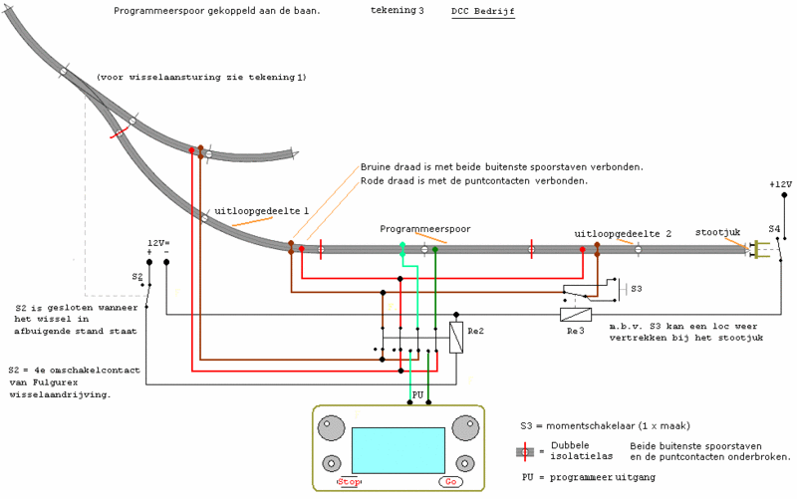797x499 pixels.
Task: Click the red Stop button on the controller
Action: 349,482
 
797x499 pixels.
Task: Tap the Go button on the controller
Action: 451,482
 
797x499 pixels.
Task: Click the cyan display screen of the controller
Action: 398,450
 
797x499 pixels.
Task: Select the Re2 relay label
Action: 476,332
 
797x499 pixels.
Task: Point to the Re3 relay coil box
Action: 576,315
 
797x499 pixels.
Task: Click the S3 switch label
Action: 637,289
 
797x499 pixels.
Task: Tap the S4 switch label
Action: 774,229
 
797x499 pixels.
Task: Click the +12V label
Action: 781,184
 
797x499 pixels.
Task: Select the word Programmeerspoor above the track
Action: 425,229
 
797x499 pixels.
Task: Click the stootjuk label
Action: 717,232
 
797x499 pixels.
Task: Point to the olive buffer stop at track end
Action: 760,249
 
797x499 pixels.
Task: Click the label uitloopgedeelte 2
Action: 623,234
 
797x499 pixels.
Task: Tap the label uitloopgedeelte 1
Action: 261,211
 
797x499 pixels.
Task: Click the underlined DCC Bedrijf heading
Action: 483,11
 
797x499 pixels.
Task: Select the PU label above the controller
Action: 417,394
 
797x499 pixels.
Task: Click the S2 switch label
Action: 137,277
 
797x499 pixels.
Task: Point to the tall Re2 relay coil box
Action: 456,338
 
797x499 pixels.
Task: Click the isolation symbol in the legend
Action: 525,452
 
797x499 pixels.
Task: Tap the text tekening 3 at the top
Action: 397,10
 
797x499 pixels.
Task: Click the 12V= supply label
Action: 158,243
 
